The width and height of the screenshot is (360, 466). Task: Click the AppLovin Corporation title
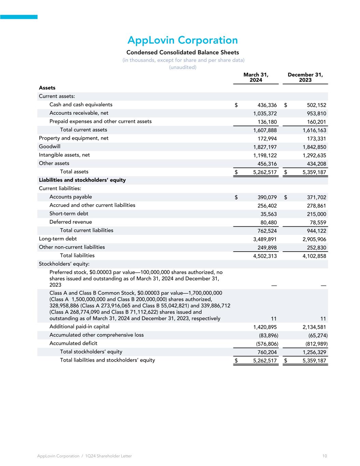[x=183, y=40]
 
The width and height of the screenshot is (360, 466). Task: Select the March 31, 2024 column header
[x=256, y=77]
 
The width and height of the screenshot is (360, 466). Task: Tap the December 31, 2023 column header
[x=305, y=77]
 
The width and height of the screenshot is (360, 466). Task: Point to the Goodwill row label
[x=49, y=146]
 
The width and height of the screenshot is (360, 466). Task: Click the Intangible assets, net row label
[x=64, y=155]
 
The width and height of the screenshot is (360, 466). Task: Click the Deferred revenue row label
[x=71, y=222]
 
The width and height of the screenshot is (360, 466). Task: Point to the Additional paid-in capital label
[x=79, y=327]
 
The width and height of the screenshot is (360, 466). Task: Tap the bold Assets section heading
[x=47, y=88]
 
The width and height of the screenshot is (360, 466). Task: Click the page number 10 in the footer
[x=325, y=456]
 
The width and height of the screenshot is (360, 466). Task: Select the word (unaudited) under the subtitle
[x=183, y=67]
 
